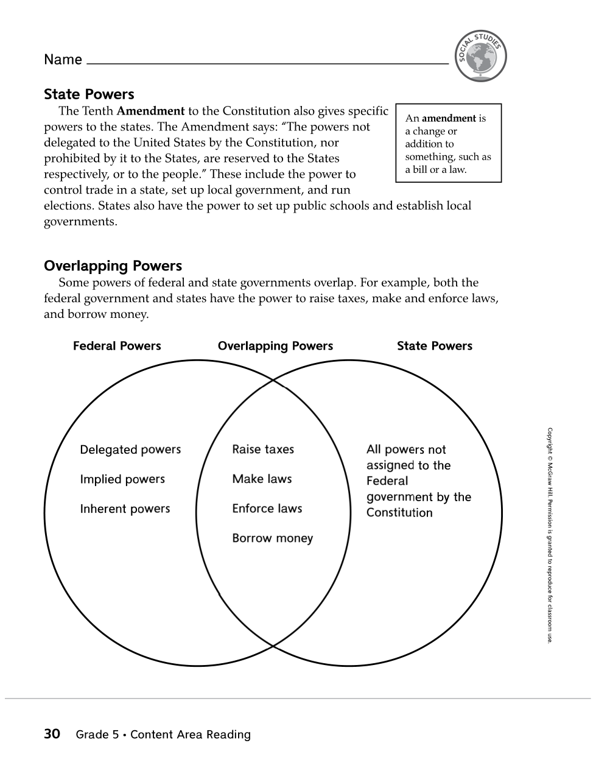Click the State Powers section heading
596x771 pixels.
(89, 94)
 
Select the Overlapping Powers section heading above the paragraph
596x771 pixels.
(113, 266)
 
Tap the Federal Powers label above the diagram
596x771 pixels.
(117, 346)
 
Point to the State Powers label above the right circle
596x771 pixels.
(434, 346)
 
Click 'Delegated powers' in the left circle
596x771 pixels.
(130, 450)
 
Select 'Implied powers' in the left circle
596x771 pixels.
(122, 479)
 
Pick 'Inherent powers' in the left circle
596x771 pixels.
(125, 509)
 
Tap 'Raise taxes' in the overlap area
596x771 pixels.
(263, 449)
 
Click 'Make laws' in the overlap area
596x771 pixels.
(262, 479)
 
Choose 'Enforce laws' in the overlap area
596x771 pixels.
(267, 509)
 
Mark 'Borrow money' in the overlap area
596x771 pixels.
(272, 538)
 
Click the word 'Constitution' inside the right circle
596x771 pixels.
(399, 513)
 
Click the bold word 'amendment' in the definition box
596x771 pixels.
(449, 118)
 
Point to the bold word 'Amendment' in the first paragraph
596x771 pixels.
(150, 111)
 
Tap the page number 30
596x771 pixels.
(52, 734)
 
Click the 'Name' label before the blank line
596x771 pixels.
(63, 60)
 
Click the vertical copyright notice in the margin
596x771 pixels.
(550, 535)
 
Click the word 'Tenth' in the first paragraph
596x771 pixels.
(98, 111)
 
